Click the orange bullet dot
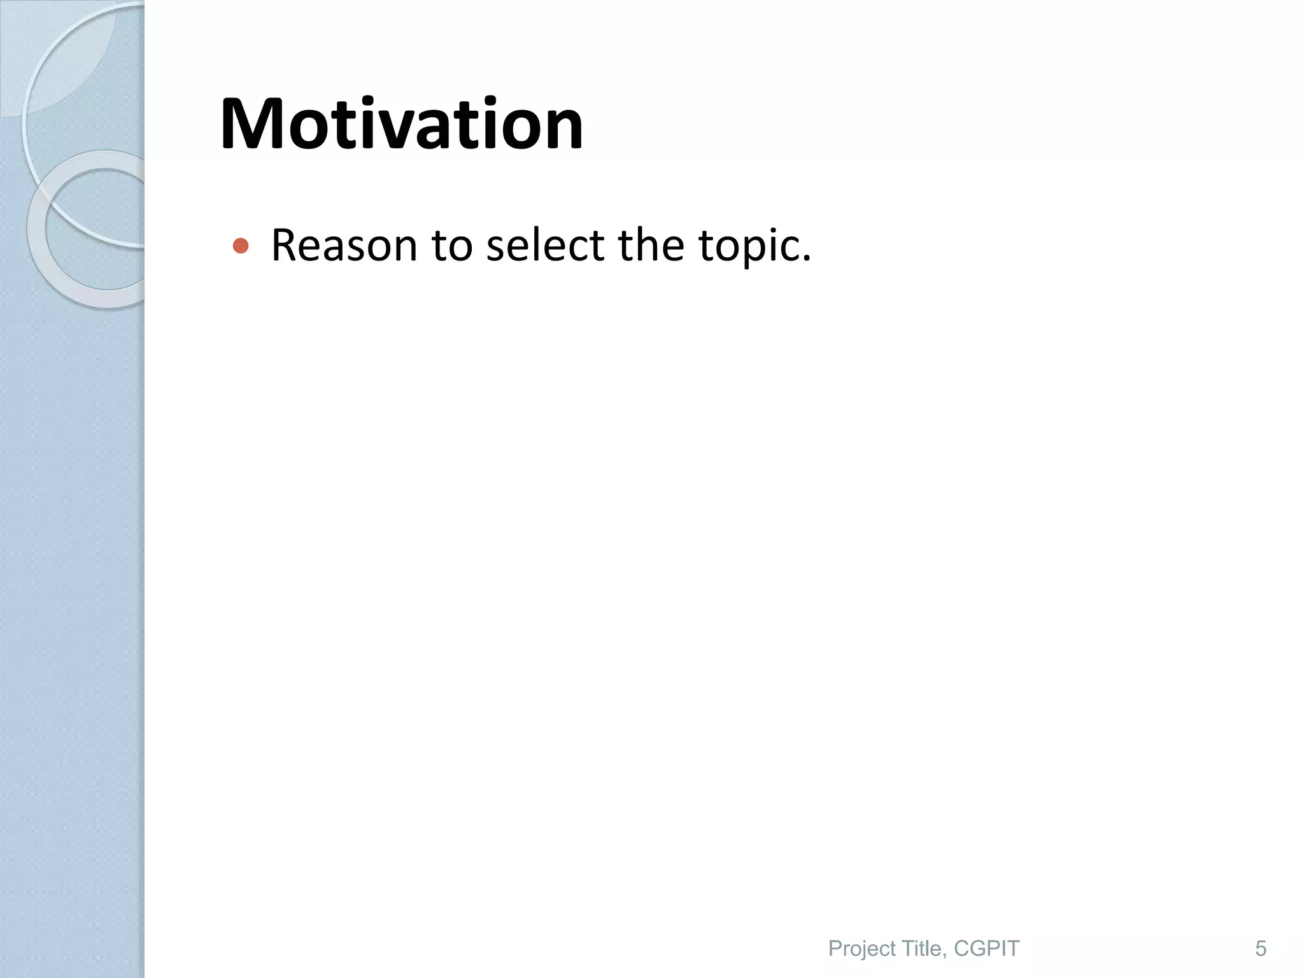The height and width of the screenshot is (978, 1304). click(240, 246)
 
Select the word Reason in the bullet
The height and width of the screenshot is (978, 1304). click(344, 245)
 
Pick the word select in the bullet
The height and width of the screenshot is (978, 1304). click(545, 245)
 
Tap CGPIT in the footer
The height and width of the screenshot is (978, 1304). click(986, 949)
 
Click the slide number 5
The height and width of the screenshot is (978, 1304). click(1260, 949)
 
